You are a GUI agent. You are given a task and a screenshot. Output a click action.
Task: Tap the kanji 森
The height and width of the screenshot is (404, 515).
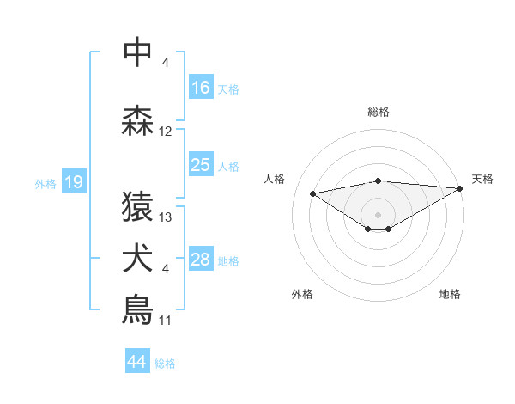click(x=137, y=120)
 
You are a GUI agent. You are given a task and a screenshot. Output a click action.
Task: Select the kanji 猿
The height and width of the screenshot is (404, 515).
click(x=137, y=206)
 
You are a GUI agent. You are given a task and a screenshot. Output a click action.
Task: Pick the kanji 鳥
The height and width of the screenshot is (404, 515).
click(x=137, y=309)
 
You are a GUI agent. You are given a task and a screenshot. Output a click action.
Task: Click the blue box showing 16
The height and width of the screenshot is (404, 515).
click(x=201, y=88)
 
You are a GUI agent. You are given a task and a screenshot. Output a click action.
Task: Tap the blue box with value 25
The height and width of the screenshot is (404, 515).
click(x=201, y=166)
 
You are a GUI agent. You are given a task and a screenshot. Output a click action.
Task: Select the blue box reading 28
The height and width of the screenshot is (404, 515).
click(x=201, y=260)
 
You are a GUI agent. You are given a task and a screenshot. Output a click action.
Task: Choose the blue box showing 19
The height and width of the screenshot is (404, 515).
click(x=73, y=182)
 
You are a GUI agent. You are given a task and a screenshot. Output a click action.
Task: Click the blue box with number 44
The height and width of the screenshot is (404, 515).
click(x=137, y=362)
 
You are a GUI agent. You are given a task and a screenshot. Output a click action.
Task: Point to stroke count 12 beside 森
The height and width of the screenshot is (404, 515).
click(x=166, y=132)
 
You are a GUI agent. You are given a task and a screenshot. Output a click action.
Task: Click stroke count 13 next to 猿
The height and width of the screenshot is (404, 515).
click(x=166, y=217)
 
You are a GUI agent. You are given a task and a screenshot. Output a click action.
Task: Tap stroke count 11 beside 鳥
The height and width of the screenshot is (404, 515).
click(x=166, y=321)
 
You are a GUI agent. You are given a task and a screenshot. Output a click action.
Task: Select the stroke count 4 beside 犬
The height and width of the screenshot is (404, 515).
click(x=166, y=269)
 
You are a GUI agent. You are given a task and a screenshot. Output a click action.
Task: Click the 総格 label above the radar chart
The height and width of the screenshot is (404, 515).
click(x=378, y=112)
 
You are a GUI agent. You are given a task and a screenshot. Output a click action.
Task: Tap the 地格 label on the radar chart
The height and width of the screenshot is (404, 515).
click(x=450, y=295)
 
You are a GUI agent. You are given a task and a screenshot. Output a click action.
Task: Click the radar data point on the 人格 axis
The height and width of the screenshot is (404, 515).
click(x=312, y=193)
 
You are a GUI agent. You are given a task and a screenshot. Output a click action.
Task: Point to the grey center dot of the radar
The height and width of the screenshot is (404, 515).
click(x=378, y=214)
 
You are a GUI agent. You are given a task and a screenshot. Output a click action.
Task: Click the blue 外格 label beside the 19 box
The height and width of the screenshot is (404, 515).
click(x=45, y=183)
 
